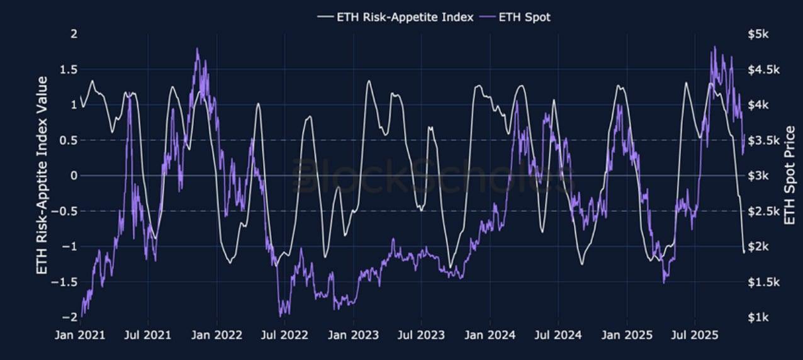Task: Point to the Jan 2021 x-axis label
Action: pos(80,334)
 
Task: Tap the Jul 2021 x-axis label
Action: pos(148,334)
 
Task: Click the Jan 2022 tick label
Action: pos(217,334)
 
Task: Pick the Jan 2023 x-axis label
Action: pos(354,334)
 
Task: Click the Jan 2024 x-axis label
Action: pos(490,334)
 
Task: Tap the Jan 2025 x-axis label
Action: pos(627,334)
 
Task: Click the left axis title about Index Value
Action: pos(43,176)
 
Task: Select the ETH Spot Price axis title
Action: pos(790,176)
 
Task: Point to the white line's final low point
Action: pos(744,252)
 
